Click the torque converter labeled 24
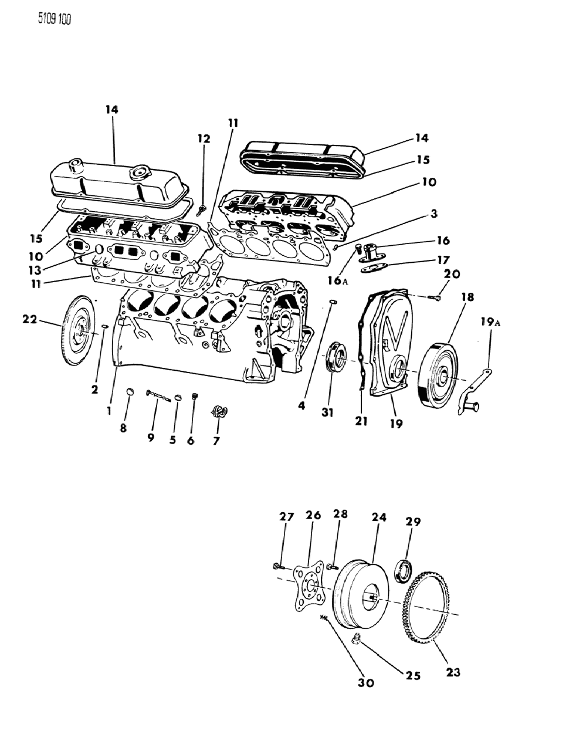[358, 594]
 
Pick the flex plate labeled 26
[310, 587]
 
